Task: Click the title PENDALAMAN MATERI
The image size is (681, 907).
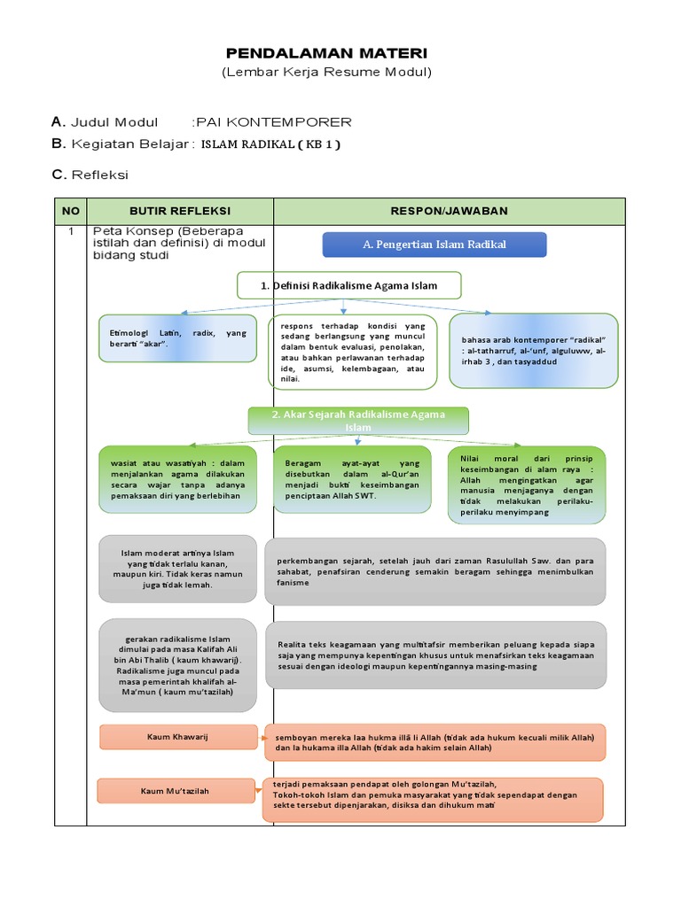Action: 326,53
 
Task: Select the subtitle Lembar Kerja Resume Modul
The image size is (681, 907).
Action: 326,72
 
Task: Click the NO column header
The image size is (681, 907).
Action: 71,211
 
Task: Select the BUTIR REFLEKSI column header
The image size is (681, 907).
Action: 180,211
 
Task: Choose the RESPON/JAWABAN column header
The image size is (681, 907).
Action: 449,211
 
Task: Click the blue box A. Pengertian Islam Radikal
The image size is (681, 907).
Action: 434,244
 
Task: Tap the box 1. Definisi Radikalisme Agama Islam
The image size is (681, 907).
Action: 349,285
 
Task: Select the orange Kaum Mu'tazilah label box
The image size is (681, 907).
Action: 176,790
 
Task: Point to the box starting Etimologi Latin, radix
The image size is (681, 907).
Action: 179,338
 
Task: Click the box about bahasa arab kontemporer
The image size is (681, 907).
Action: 534,351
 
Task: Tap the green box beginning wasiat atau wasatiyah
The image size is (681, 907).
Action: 178,479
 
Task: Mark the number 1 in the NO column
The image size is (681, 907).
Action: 70,231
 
